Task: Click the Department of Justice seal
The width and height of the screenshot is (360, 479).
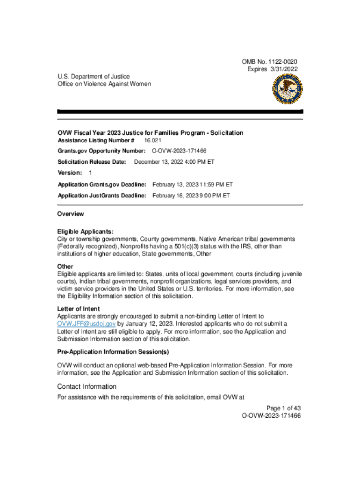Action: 287,89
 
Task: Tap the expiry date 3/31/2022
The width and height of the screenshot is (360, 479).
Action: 283,69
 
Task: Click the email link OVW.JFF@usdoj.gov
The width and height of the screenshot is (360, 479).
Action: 86,324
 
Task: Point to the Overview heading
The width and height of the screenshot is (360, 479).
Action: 71,214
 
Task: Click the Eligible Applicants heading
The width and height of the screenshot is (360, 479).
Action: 86,232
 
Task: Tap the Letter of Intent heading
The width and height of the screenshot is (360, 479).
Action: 79,309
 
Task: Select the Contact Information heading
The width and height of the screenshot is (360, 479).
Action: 86,387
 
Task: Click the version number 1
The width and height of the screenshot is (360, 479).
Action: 90,173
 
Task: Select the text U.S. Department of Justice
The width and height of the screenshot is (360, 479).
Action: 94,76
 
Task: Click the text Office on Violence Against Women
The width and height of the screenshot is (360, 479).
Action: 104,84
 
